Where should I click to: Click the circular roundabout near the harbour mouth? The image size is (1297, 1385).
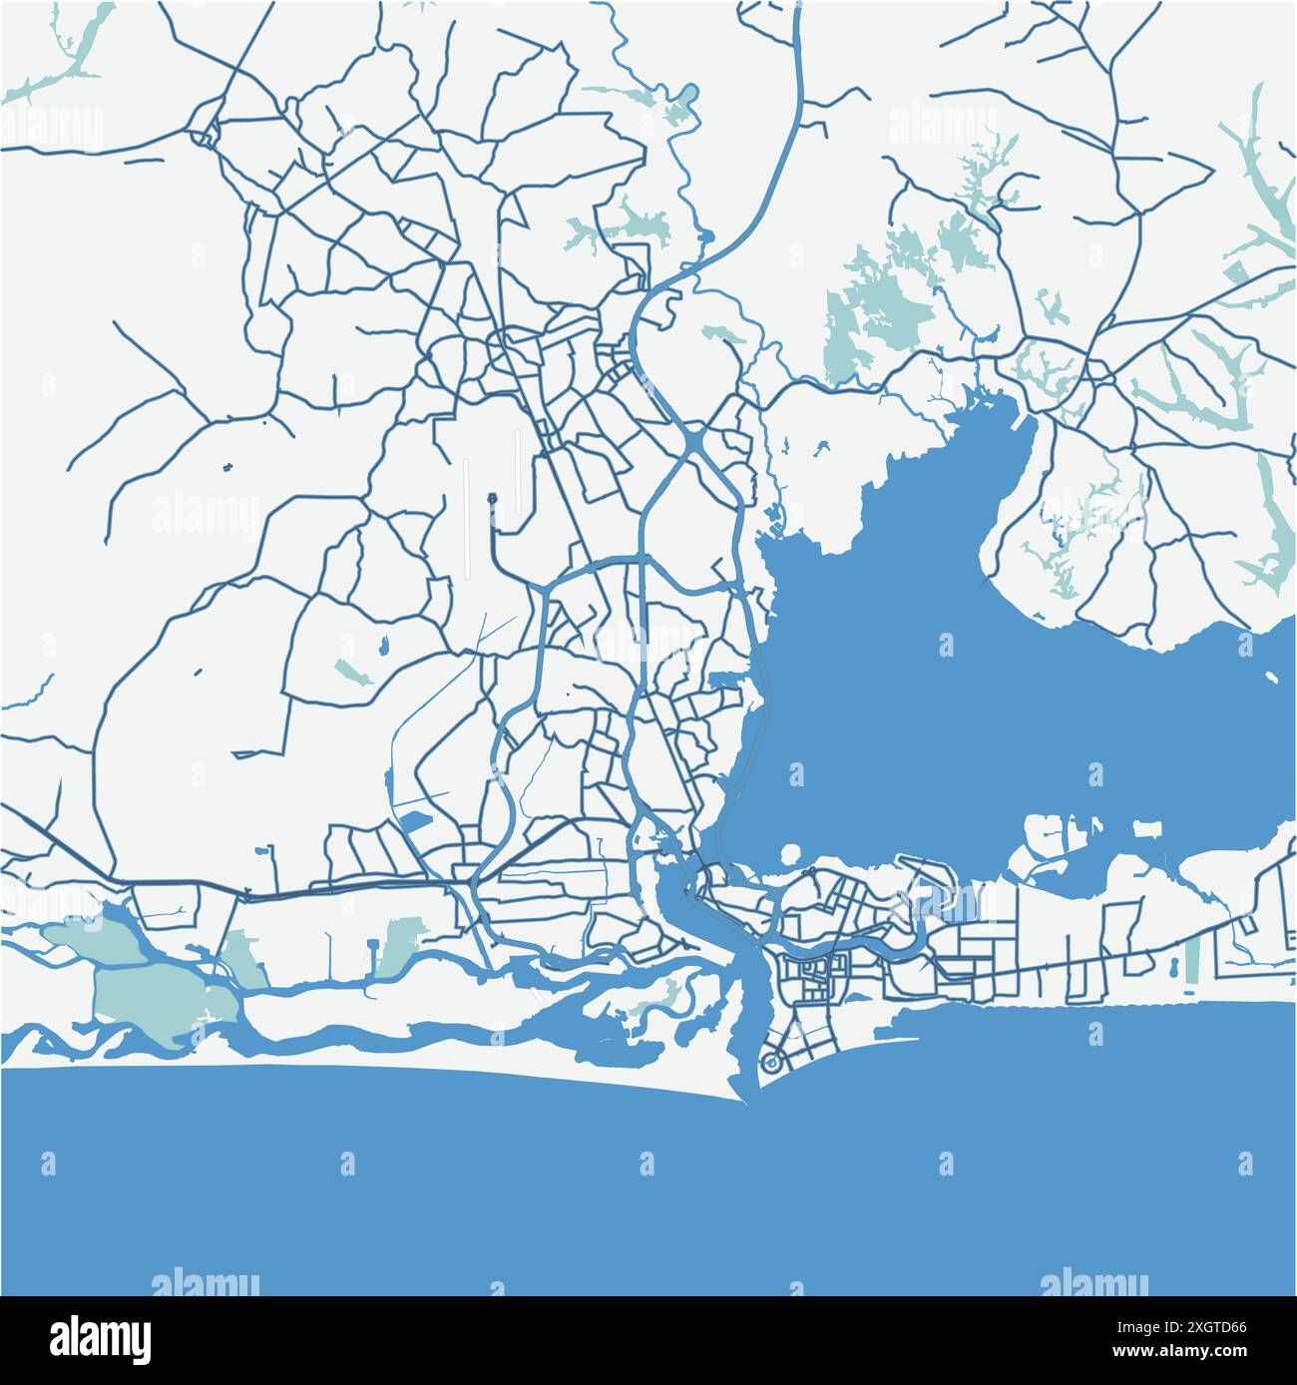click(x=770, y=1064)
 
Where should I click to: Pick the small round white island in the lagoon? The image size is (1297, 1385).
click(x=791, y=854)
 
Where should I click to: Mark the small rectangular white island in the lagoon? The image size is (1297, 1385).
click(x=1147, y=829)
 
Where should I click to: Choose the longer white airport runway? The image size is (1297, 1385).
click(x=466, y=519)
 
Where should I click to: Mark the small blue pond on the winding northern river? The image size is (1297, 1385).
click(x=707, y=237)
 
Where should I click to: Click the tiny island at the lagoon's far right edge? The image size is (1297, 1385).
click(x=1272, y=678)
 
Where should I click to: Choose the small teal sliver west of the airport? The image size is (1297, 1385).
click(x=348, y=671)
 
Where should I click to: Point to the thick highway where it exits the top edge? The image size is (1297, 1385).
click(x=798, y=8)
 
